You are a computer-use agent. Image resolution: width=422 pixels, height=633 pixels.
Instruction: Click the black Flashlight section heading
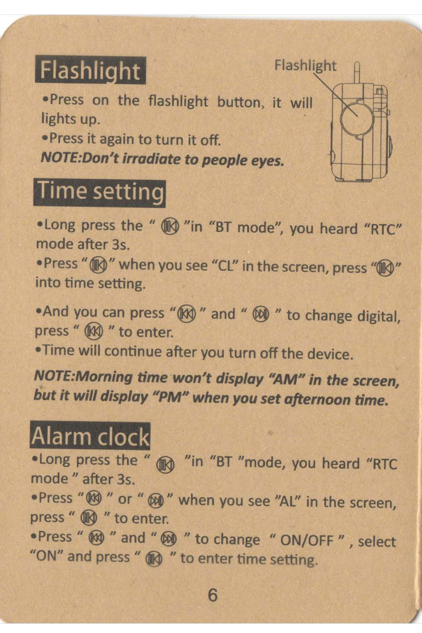91,70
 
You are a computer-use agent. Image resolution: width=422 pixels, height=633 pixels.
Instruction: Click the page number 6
213,595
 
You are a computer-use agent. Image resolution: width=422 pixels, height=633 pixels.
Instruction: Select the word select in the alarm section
377,541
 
